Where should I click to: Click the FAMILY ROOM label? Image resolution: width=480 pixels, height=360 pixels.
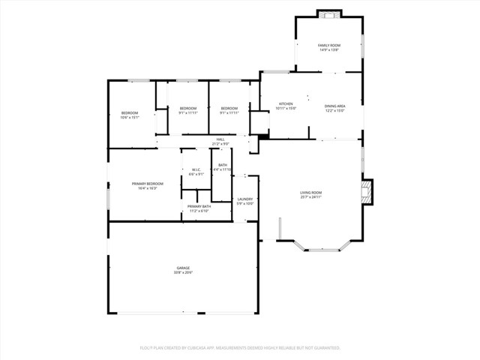328,46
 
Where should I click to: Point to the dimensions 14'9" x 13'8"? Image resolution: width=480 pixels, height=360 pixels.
328,50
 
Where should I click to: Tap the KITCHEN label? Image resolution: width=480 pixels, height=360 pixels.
286,104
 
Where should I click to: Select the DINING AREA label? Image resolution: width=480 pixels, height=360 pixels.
334,106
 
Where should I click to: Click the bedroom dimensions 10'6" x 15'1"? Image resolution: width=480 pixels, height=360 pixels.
130,118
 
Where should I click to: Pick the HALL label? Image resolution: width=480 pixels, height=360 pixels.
220,139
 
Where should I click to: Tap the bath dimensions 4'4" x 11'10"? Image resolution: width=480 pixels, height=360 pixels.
223,170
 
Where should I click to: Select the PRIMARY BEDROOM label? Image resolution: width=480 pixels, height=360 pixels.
147,184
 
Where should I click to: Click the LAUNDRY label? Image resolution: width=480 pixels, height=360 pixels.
245,199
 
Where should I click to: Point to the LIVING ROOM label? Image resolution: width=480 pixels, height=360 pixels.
311,192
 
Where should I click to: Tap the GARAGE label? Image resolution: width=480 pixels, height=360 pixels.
183,268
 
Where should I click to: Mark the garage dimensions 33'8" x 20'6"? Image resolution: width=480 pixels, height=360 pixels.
183,272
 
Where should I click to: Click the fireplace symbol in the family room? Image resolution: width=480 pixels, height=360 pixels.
328,13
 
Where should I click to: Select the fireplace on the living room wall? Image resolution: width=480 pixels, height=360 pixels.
366,191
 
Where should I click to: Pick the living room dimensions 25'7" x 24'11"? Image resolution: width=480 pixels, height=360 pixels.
311,196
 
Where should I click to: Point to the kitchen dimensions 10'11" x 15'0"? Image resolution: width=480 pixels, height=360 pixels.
286,109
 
